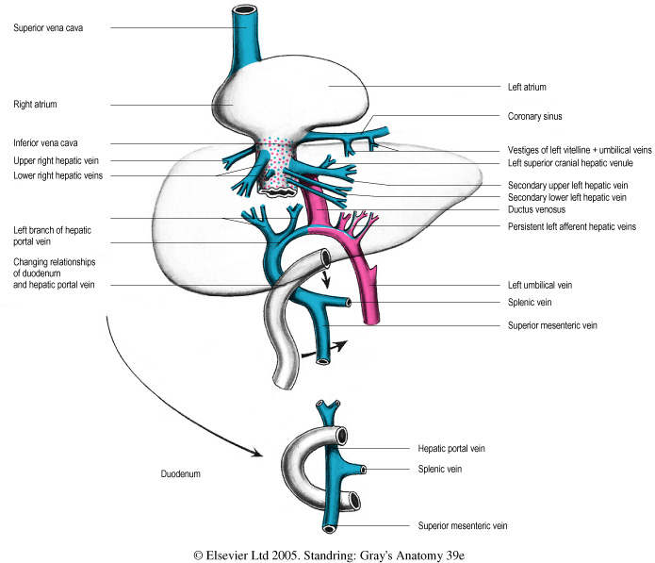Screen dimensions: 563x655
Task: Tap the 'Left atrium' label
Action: click(527, 87)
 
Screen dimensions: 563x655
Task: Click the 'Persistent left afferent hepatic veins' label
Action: click(570, 227)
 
